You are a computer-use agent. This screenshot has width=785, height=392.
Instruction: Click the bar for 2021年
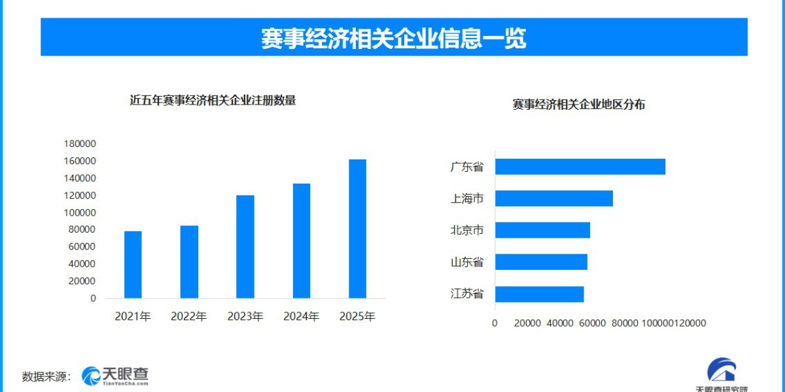click(133, 265)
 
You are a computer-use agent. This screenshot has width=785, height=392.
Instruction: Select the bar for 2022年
click(189, 262)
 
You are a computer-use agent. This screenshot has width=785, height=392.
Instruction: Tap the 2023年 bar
click(245, 247)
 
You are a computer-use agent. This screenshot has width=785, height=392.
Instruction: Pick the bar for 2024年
click(302, 241)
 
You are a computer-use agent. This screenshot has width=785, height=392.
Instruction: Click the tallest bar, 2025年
click(357, 229)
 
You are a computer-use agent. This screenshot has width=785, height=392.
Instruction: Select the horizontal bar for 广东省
click(580, 167)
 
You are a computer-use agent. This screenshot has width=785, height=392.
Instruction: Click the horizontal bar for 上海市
click(553, 198)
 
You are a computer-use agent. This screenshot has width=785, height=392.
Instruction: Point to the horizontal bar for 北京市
click(542, 230)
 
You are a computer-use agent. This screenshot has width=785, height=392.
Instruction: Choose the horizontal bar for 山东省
click(541, 262)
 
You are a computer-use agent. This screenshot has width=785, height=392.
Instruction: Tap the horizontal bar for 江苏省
click(539, 294)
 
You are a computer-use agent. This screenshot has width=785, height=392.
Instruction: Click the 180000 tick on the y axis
click(80, 144)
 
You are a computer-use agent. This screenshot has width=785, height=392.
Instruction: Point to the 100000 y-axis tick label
click(80, 212)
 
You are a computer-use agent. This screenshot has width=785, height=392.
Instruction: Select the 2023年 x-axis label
click(245, 317)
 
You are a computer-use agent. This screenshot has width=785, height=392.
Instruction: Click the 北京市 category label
click(467, 230)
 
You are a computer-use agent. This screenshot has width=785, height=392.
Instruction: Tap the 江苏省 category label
click(467, 294)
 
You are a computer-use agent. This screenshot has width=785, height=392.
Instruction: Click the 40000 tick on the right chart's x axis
click(560, 323)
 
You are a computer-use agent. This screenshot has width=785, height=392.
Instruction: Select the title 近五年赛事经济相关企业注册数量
click(213, 101)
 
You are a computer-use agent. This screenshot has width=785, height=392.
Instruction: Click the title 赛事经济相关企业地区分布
click(579, 105)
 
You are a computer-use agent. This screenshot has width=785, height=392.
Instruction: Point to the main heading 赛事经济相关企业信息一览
click(393, 38)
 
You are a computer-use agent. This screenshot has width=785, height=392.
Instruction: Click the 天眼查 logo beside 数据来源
click(115, 375)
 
